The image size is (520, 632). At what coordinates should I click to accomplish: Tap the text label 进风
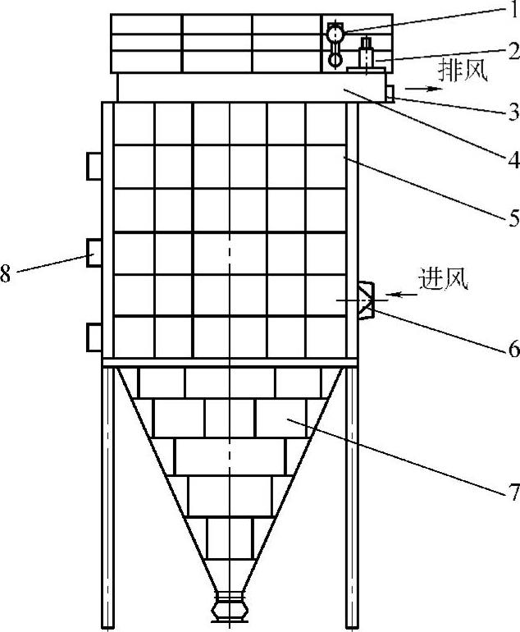coord(444,279)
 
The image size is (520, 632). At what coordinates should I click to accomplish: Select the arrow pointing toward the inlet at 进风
coord(403,293)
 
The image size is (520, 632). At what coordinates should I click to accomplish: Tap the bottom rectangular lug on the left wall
coord(94,337)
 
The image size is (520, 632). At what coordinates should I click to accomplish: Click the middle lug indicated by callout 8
coord(94,251)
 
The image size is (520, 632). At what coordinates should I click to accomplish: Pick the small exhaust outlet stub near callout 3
coord(390,94)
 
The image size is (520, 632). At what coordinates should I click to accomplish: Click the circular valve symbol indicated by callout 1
coord(335,34)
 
